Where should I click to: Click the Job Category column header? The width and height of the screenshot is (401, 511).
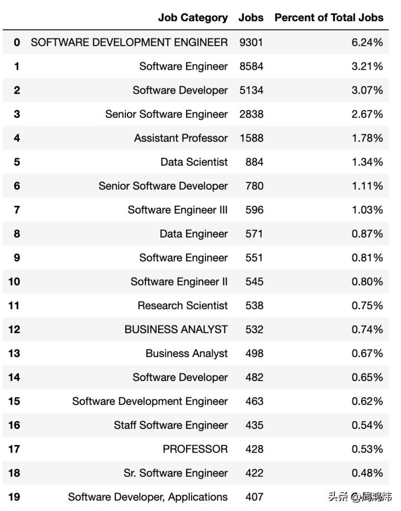[193, 18]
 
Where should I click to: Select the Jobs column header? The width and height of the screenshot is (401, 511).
[251, 18]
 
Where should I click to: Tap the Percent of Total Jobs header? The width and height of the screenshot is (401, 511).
[329, 18]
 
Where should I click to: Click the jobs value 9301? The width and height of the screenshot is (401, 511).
[251, 42]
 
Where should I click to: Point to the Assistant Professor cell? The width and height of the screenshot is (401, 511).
[180, 138]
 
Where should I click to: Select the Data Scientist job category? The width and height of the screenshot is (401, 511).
[194, 162]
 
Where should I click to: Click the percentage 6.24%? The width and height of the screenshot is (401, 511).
[367, 42]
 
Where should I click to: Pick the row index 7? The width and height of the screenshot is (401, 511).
[17, 210]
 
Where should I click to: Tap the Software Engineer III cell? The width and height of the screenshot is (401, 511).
[177, 210]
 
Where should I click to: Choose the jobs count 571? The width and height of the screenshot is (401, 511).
[254, 234]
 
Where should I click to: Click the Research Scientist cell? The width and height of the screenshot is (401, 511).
[183, 306]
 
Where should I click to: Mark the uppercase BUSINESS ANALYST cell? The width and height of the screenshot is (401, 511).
[176, 330]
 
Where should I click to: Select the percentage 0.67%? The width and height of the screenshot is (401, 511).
[367, 354]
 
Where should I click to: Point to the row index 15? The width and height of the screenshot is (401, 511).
[14, 402]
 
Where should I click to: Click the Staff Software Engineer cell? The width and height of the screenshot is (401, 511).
[170, 426]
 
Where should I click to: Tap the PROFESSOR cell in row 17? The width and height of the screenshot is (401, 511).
[195, 450]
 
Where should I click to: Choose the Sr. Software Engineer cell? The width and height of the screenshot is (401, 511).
[175, 474]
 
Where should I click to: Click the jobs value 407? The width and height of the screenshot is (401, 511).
[254, 497]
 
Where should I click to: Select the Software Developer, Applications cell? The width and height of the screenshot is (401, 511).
[148, 497]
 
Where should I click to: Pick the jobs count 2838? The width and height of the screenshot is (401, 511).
[251, 114]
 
